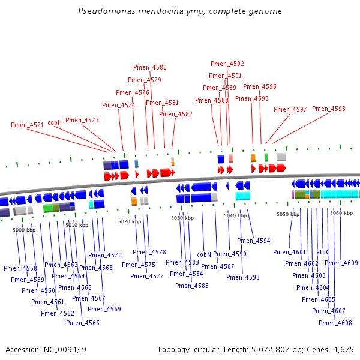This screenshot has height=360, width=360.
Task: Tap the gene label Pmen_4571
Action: (x=27, y=125)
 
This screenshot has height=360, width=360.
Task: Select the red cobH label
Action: (x=55, y=122)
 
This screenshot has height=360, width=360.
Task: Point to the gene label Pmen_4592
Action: (x=227, y=64)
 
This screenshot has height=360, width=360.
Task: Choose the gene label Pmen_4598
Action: (x=329, y=109)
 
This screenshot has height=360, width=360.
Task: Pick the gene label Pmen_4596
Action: (x=260, y=86)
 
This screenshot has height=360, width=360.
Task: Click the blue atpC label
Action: (x=323, y=253)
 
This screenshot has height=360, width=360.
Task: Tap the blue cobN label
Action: (x=204, y=254)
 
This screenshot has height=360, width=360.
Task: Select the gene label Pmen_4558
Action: (x=20, y=268)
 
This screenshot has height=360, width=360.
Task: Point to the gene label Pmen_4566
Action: (x=83, y=323)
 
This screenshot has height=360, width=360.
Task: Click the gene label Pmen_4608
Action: (x=335, y=323)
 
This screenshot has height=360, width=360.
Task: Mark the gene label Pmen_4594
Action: (x=253, y=241)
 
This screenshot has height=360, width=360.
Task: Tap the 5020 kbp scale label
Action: (x=129, y=221)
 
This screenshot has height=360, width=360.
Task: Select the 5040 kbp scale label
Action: (x=235, y=215)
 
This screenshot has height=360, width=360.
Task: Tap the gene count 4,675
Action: (x=344, y=349)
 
